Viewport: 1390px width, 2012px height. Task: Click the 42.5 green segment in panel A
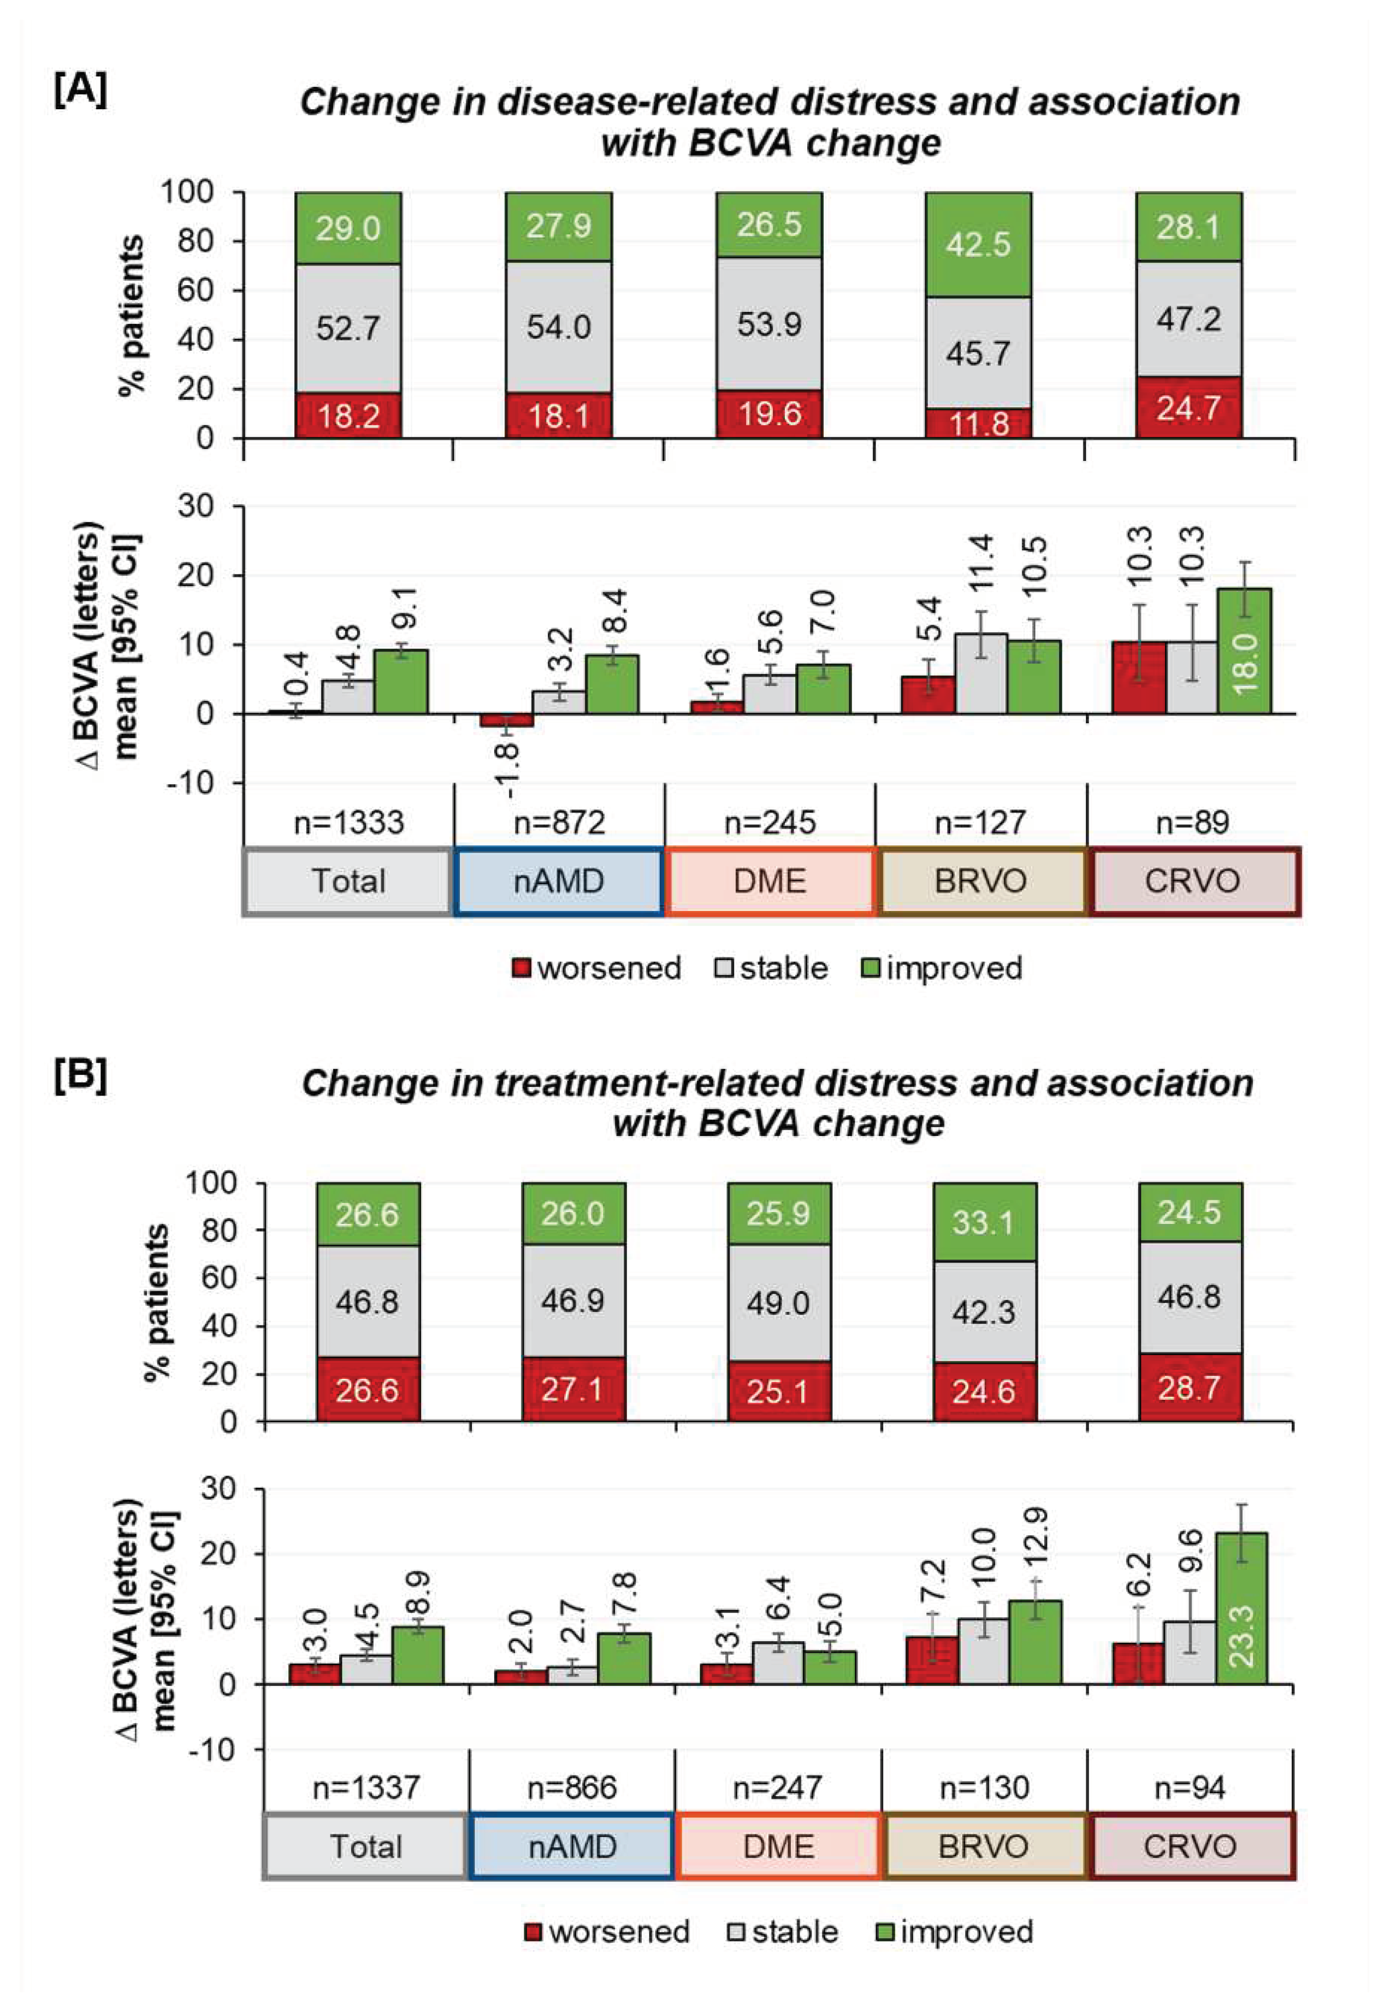[x=978, y=245]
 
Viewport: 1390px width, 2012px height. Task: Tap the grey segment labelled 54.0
[x=558, y=327]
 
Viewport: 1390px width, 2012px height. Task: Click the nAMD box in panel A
[x=558, y=881]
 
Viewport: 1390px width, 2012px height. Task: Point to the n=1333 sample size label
[x=348, y=822]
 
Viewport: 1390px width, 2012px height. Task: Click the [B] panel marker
[x=80, y=1077]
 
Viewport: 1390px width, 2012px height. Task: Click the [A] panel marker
[x=80, y=90]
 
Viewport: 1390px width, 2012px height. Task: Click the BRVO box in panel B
[x=983, y=1846]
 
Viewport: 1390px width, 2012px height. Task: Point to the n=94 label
[x=1189, y=1788]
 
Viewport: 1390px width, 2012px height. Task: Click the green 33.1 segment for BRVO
[x=983, y=1222]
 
